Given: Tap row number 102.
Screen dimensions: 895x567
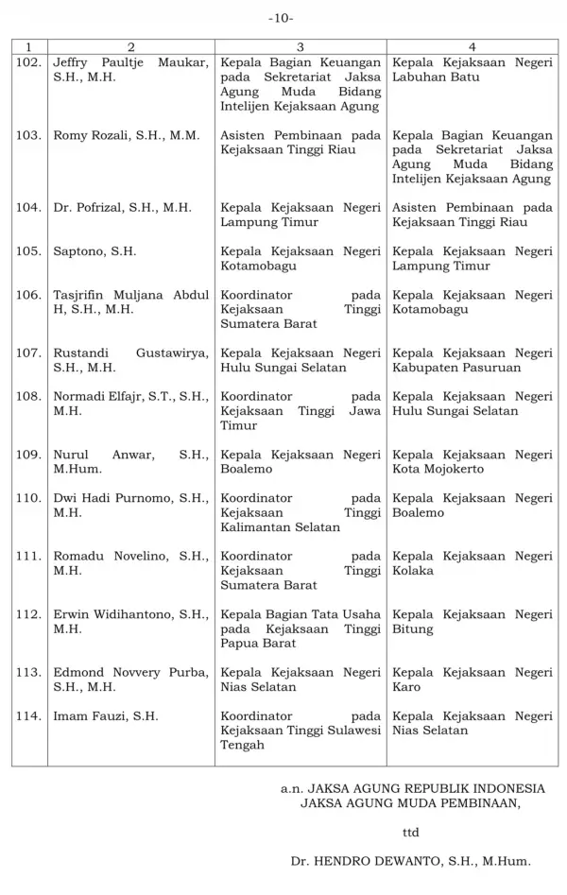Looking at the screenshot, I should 28,61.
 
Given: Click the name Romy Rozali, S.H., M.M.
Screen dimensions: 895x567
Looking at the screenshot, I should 127,135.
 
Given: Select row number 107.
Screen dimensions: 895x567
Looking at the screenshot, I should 28,353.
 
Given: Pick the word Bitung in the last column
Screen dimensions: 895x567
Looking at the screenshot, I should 413,628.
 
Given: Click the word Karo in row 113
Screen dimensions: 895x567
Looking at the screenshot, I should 407,687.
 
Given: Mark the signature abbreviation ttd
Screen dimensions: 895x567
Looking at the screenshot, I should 410,833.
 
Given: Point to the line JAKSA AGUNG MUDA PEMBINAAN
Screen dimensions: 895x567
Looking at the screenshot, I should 409,803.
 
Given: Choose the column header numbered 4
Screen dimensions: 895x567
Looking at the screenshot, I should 472,46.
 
